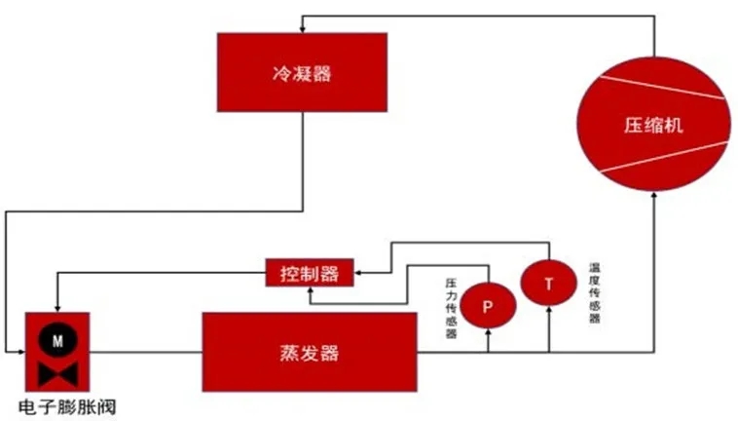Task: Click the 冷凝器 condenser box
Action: pos(302,73)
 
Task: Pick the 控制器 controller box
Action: pos(309,273)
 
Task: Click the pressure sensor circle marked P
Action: pos(487,306)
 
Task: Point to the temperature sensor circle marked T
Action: pos(548,284)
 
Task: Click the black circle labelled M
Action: pos(56,341)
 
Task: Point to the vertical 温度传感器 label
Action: pos(594,291)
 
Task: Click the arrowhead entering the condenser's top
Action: pos(302,28)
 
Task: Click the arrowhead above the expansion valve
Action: pos(55,307)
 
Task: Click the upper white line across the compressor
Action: pos(653,86)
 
